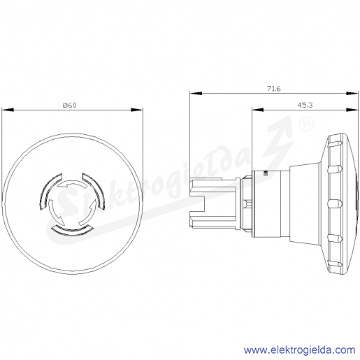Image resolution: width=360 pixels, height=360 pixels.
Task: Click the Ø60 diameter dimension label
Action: click(x=69, y=106)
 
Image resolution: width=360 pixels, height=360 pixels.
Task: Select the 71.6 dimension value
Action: click(x=274, y=89)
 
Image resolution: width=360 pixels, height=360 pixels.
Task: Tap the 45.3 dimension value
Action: click(x=305, y=106)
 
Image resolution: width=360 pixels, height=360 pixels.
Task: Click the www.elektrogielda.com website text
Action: click(x=300, y=350)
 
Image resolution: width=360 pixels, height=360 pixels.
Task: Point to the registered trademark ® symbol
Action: click(x=306, y=124)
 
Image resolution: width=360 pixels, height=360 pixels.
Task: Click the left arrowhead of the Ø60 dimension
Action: click(x=8, y=110)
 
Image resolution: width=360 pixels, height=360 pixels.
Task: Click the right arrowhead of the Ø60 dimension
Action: click(x=137, y=110)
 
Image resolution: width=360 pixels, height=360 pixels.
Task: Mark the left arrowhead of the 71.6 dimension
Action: click(x=196, y=93)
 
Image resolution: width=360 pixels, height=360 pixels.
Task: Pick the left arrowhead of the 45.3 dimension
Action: click(x=258, y=110)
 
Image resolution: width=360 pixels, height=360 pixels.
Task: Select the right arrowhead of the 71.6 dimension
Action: click(x=352, y=93)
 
